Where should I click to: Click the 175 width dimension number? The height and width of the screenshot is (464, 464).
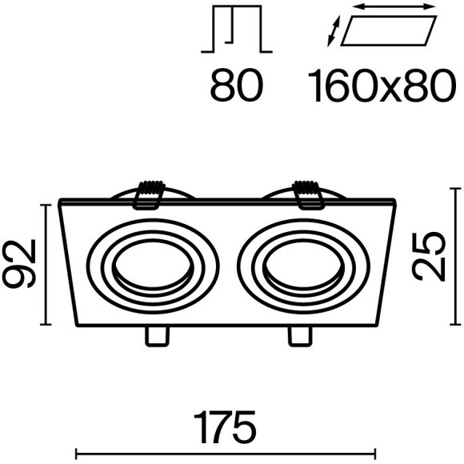coord(225,426)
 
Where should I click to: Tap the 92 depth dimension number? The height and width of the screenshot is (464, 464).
coord(19,264)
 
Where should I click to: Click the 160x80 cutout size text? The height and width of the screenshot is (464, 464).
coord(381,86)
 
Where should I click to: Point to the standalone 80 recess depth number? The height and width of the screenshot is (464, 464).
coord(237,86)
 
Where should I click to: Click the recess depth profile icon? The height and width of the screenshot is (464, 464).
coord(237,29)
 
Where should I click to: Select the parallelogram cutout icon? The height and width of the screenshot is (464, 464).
coord(389,31)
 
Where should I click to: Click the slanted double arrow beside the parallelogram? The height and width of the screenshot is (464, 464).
coord(334,31)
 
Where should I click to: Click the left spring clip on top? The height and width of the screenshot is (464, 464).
coord(150,195)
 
